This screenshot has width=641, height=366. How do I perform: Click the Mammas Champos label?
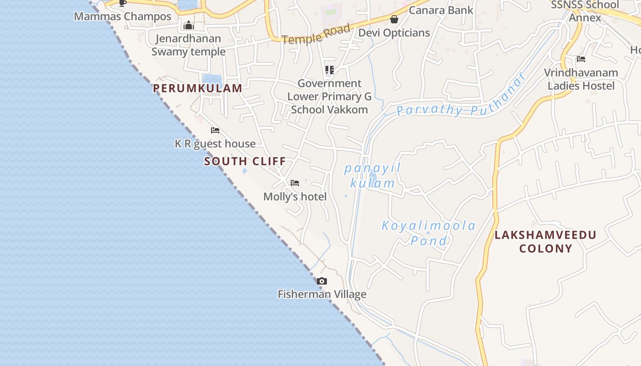[122, 16]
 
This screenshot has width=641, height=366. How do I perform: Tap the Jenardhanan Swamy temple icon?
[189, 25]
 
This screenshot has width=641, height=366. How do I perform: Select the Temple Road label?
[316, 34]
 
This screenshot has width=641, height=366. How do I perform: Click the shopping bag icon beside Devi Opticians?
[394, 19]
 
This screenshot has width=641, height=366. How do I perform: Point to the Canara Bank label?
[440, 10]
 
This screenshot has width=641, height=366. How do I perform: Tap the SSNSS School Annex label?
[585, 11]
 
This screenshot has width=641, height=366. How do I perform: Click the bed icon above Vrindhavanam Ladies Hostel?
[581, 59]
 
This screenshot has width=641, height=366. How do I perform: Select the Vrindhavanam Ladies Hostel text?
[581, 79]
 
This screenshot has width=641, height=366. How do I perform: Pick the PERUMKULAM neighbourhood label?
[197, 88]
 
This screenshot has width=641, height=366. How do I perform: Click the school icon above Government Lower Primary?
[330, 70]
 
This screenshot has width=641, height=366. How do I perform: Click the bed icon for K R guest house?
[215, 130]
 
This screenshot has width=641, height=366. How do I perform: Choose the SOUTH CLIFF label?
[245, 161]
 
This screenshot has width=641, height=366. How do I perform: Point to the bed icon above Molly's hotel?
[295, 183]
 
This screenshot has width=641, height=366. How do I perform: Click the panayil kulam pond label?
[372, 176]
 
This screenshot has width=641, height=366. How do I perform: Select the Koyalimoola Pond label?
[429, 233]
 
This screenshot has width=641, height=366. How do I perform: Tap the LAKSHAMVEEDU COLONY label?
[546, 242]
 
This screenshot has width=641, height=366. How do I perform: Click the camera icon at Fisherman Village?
[322, 281]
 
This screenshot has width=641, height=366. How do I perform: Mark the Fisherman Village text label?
[322, 294]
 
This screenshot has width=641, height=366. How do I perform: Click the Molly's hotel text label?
[295, 197]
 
